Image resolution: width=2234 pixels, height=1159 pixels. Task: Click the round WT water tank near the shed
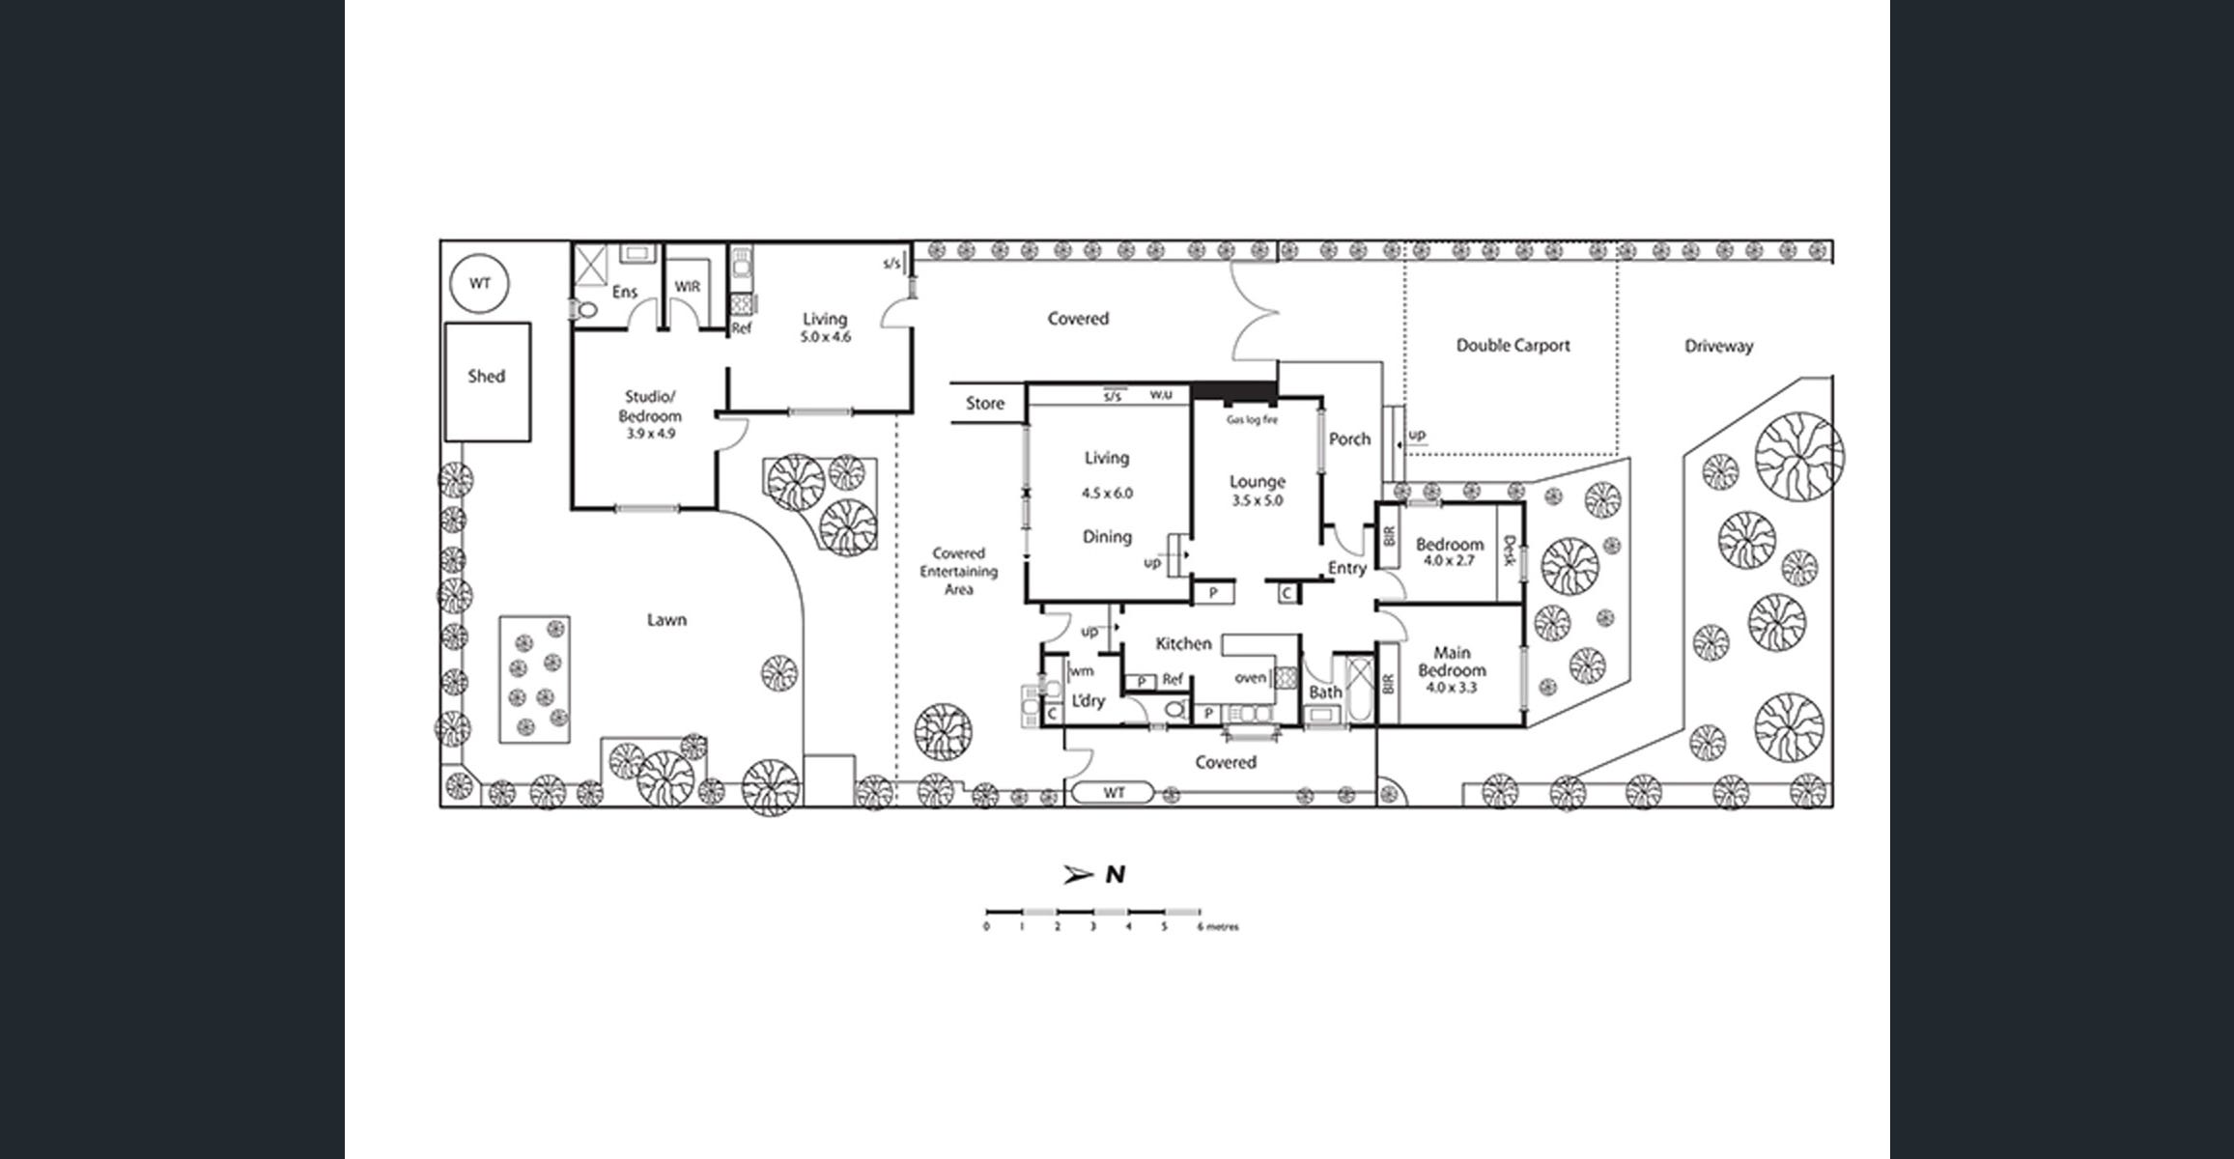(480, 284)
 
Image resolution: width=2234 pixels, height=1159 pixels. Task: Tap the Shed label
(486, 377)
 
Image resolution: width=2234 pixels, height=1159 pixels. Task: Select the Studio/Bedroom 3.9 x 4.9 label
(650, 415)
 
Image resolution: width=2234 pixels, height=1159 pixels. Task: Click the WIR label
(688, 287)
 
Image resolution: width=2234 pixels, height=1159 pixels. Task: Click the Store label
(985, 404)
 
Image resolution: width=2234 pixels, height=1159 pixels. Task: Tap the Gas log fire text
(1252, 420)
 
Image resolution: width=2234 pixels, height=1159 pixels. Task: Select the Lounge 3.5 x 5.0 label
(1257, 490)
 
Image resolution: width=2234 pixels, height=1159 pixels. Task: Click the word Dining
(1107, 537)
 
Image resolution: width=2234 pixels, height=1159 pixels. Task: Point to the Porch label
(1349, 439)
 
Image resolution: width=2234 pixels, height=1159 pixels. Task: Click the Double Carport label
(1513, 346)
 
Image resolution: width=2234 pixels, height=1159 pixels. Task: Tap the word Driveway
(1718, 346)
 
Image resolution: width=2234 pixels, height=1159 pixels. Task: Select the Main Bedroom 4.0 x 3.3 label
(1452, 670)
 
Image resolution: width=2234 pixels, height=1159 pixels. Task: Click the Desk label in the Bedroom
(1509, 551)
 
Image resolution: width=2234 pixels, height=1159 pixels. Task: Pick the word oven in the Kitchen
(1250, 678)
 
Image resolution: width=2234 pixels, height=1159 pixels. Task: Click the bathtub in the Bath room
(1360, 690)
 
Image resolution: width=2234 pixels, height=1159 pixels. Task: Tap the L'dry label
(1089, 701)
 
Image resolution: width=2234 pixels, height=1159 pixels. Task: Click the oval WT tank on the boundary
(1114, 793)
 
